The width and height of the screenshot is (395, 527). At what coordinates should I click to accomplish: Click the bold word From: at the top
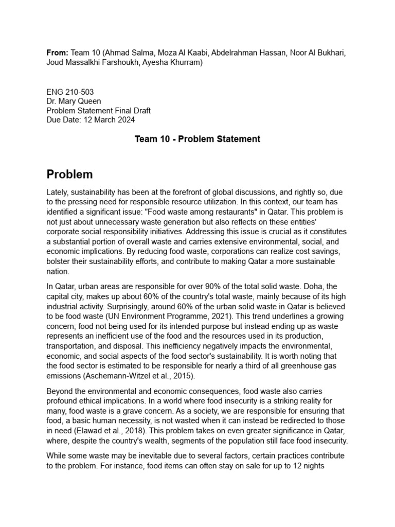[x=57, y=52]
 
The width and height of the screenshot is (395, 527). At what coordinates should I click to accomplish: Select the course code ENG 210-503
[x=70, y=92]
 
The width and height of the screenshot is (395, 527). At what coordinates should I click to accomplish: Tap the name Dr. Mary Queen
[x=75, y=101]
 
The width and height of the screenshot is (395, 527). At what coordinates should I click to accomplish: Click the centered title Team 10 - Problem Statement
[x=197, y=139]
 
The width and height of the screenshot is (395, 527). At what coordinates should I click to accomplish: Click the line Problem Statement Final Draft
[x=98, y=111]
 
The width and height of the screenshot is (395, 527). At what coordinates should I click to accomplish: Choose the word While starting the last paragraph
[x=57, y=456]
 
